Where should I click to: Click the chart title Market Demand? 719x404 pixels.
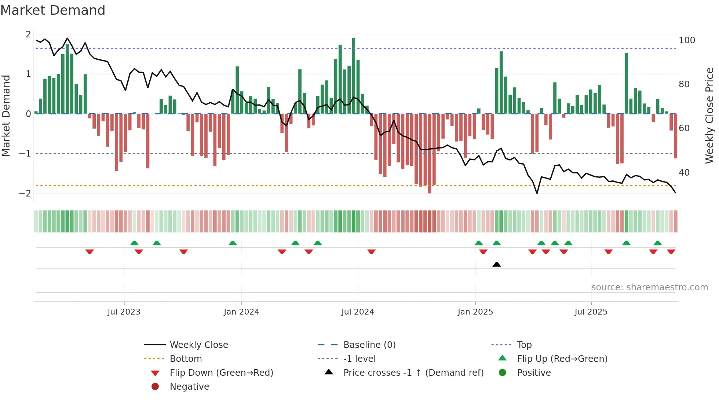point(53,10)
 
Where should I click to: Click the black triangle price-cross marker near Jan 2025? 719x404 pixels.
point(496,264)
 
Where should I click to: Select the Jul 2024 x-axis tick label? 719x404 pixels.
point(358,312)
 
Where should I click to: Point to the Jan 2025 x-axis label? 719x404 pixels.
point(475,312)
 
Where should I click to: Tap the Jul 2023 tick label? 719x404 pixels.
point(124,312)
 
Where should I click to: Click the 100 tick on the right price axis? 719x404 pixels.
point(687,40)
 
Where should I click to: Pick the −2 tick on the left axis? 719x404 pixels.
point(25,193)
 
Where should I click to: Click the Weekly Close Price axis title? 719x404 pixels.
point(709,115)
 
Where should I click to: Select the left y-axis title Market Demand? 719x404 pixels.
point(6,115)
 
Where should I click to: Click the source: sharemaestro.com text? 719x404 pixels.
point(649,287)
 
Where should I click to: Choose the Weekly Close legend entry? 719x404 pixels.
point(198,345)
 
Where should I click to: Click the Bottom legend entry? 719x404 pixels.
point(186,359)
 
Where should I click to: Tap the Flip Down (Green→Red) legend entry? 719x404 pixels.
point(221,372)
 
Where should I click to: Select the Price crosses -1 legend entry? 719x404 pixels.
point(413,372)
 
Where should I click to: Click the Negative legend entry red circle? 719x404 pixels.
point(155,386)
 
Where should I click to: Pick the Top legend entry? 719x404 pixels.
point(524,345)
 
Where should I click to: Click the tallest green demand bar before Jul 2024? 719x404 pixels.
point(353,75)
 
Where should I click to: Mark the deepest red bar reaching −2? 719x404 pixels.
point(430,154)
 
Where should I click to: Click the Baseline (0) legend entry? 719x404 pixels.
point(369,345)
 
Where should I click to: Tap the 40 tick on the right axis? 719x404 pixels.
point(684,172)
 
